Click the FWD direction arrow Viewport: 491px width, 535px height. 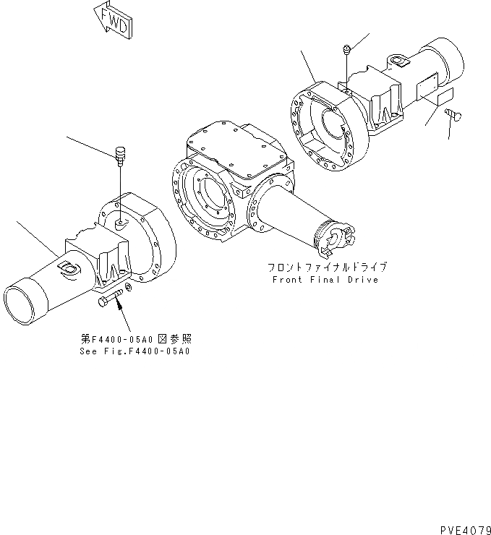click(x=112, y=21)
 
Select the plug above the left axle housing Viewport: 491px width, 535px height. click(x=121, y=154)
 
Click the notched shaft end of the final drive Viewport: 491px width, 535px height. click(x=339, y=234)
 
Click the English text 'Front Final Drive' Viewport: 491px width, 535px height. click(x=325, y=280)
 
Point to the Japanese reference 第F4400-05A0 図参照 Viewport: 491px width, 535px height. click(x=137, y=338)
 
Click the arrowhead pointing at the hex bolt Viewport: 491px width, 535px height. click(x=118, y=307)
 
